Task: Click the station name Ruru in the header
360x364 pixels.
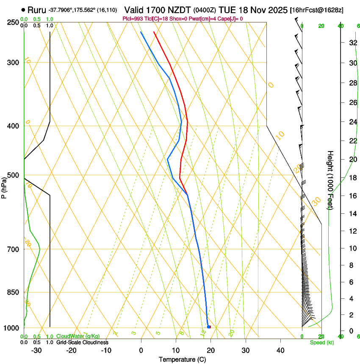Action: (36, 10)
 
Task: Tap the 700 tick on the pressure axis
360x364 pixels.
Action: (13, 249)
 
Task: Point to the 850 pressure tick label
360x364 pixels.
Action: (13, 292)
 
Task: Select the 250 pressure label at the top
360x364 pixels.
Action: (13, 22)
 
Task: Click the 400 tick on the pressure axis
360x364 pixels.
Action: (13, 126)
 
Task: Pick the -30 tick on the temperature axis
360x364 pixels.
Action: (36, 350)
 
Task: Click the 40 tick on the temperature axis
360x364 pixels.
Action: (280, 350)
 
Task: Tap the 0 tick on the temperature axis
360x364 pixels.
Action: (141, 350)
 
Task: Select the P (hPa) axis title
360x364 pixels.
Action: (4, 186)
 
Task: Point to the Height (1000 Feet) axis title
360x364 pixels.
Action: (330, 180)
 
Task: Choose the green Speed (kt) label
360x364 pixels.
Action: (321, 342)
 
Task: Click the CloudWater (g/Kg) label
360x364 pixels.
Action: (78, 336)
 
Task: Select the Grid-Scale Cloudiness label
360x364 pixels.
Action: (82, 342)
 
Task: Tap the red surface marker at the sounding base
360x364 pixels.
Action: (209, 327)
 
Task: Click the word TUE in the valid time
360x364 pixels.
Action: (227, 10)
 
